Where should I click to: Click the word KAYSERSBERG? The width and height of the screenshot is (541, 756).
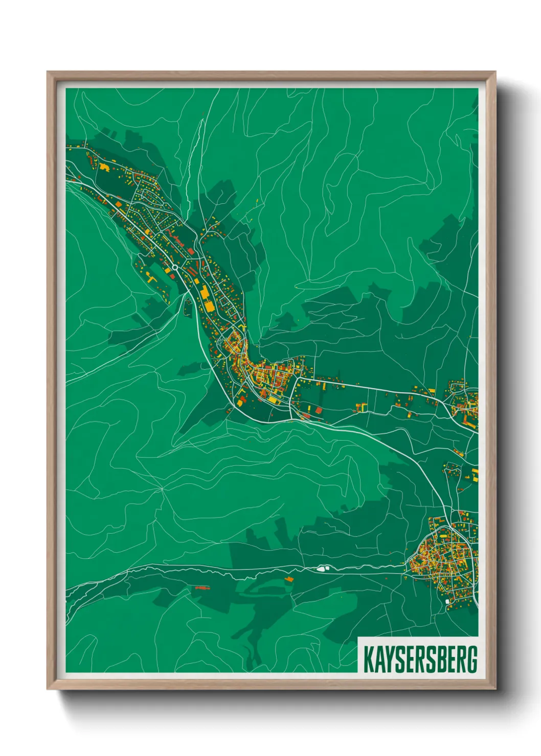click(420, 659)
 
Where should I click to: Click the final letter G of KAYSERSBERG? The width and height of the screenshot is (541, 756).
click(472, 659)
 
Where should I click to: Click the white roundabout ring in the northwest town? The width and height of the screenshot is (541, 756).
click(175, 267)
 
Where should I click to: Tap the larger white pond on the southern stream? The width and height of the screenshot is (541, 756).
click(321, 567)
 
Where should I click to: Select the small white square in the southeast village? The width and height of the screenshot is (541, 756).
click(447, 602)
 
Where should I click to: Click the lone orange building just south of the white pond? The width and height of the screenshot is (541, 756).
click(289, 579)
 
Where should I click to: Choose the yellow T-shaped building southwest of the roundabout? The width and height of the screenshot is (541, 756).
click(150, 278)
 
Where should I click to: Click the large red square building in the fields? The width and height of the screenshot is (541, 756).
click(319, 410)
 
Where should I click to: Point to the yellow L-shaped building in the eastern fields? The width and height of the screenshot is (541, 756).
click(362, 407)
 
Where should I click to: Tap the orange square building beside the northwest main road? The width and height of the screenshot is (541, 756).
click(119, 204)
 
